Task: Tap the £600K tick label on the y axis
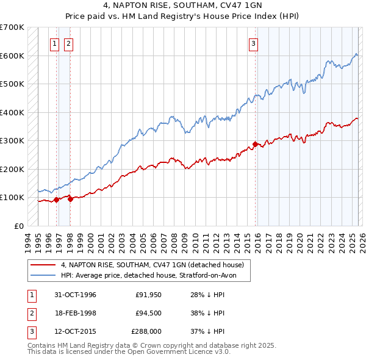[12, 56]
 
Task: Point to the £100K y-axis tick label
[12, 197]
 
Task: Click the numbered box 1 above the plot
[55, 43]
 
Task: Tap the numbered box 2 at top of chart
[68, 43]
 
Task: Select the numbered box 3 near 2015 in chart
[253, 43]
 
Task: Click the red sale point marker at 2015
[254, 144]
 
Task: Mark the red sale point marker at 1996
[57, 200]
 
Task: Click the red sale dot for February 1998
[70, 198]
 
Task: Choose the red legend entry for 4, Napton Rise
[152, 265]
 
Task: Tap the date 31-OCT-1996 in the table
[71, 295]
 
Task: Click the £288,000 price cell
[146, 331]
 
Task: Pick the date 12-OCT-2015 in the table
[71, 331]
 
